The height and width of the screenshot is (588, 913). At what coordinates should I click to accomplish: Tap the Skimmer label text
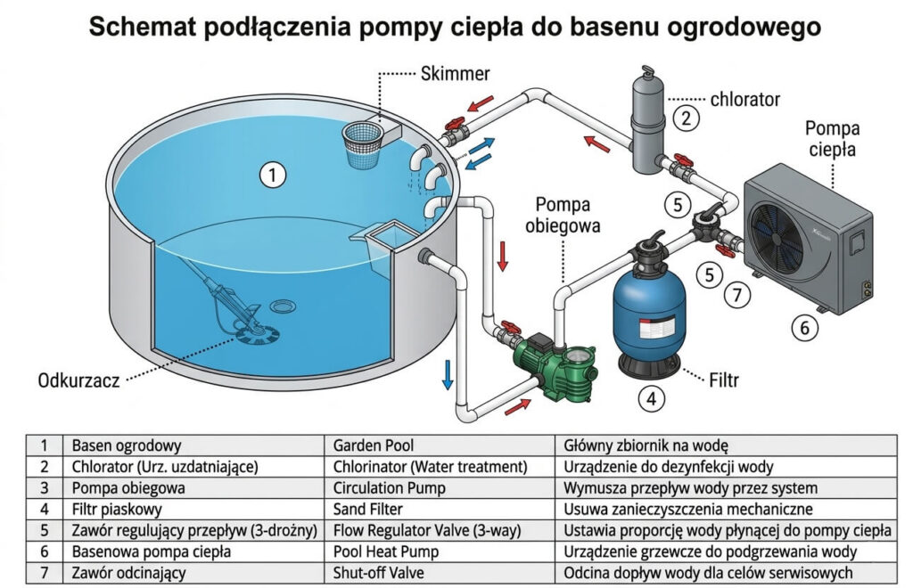pyautogui.click(x=455, y=73)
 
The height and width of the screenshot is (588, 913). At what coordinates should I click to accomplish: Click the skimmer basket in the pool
pyautogui.click(x=366, y=140)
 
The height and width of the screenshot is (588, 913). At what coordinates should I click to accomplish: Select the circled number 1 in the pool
pyautogui.click(x=273, y=175)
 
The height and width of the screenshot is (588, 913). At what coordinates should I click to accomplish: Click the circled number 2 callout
pyautogui.click(x=685, y=116)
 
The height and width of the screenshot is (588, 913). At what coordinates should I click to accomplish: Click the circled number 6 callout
pyautogui.click(x=804, y=328)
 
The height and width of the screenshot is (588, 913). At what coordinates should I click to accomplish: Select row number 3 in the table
pyautogui.click(x=44, y=487)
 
